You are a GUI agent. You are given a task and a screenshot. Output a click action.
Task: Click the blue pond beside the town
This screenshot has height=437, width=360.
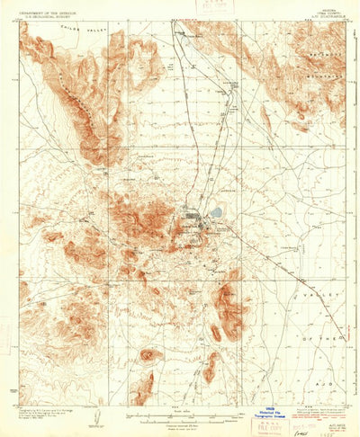tap(216, 213)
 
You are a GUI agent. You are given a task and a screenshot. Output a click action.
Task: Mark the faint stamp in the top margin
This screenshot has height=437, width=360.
tap(212, 7)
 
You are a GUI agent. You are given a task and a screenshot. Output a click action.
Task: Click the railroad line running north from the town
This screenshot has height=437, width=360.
tap(177, 108)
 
